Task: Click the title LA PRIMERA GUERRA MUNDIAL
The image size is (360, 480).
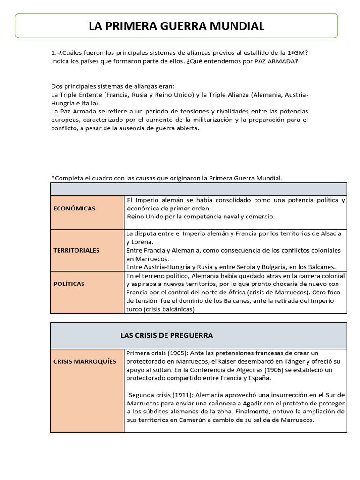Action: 176,26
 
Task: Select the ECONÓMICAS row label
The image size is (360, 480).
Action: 74,208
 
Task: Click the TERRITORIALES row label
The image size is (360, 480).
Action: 76,250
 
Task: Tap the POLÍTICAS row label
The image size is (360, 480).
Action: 69,284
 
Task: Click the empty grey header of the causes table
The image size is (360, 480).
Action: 198,189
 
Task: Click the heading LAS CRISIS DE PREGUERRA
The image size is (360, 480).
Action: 166,335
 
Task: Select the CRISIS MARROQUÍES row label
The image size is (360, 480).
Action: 85,361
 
